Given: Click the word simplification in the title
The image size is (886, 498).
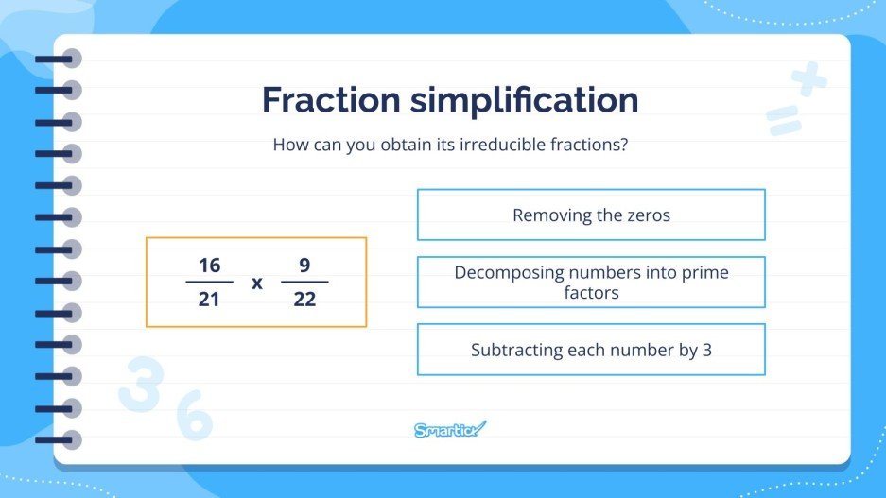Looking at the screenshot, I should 523,101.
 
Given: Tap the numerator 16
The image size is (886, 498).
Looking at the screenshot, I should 209,266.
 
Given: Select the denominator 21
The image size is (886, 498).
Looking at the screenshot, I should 209,299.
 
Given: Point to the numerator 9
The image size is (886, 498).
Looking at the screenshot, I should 304,266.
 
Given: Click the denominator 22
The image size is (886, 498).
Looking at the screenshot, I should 304,299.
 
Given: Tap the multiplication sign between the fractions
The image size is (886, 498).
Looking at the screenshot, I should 256,283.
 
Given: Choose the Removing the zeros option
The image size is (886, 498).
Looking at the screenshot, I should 591,215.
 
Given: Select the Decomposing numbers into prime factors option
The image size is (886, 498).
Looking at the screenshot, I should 591,282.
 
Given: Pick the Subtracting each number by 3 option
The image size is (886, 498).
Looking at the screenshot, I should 591,350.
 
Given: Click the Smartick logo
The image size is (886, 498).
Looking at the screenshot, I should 450,430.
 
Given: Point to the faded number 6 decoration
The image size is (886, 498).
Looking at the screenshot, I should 194,417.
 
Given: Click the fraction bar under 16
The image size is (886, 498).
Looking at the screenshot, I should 209,282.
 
